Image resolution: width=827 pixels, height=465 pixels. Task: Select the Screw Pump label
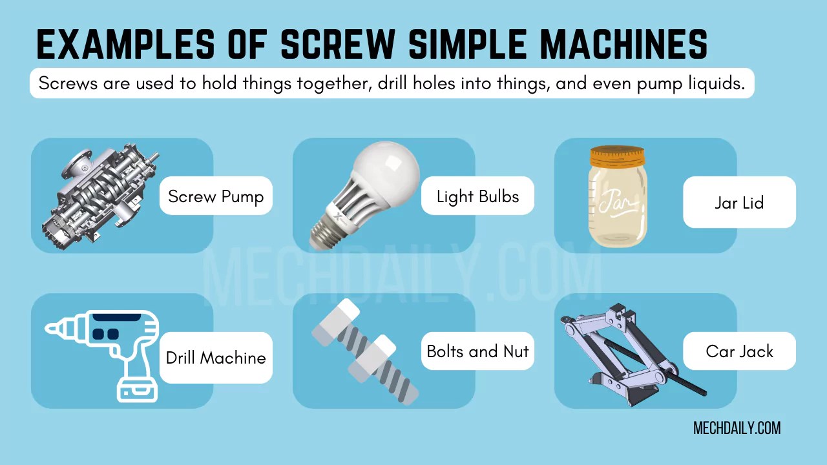216,196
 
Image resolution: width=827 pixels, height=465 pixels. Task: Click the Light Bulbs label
477,196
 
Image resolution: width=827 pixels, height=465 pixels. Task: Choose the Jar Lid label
739,203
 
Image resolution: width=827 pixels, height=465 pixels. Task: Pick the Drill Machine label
216,358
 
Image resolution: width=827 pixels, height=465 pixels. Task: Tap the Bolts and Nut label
477,351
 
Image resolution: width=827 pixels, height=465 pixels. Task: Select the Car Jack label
739,351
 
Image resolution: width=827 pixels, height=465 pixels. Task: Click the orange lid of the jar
618,155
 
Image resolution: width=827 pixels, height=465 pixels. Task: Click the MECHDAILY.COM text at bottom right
737,428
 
